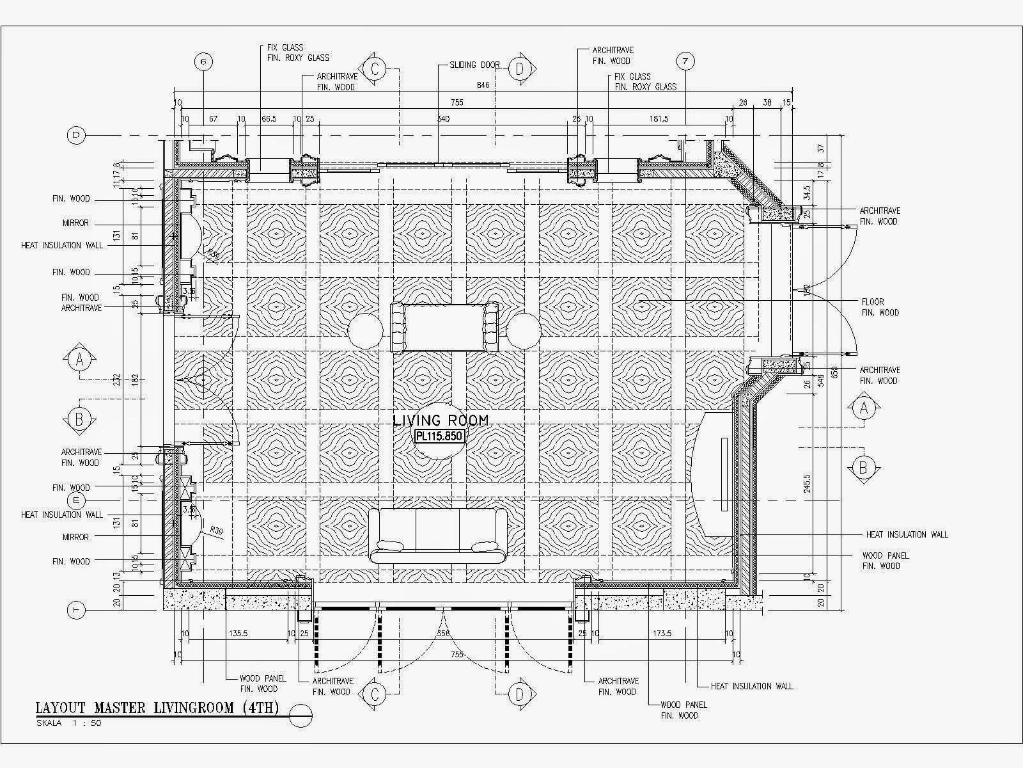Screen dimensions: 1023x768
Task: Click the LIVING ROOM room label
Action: (441, 420)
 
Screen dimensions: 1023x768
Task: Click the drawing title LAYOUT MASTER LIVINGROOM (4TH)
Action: (157, 708)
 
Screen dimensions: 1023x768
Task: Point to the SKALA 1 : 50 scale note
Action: (68, 723)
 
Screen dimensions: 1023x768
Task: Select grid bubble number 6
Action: (203, 61)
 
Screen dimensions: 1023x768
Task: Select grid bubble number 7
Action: (685, 61)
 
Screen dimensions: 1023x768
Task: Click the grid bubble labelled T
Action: (76, 611)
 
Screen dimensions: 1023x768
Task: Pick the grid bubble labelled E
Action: (76, 500)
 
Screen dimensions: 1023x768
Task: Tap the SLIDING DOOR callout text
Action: (474, 65)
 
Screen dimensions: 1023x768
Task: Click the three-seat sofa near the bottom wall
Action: (438, 535)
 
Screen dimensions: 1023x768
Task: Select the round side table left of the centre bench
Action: (365, 330)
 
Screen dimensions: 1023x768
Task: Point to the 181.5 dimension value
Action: (658, 119)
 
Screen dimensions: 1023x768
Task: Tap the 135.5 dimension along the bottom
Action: (237, 634)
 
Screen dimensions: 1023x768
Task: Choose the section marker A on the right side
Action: (863, 408)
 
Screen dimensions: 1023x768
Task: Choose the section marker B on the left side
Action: (79, 419)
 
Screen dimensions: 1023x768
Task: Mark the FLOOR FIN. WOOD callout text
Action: (880, 307)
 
